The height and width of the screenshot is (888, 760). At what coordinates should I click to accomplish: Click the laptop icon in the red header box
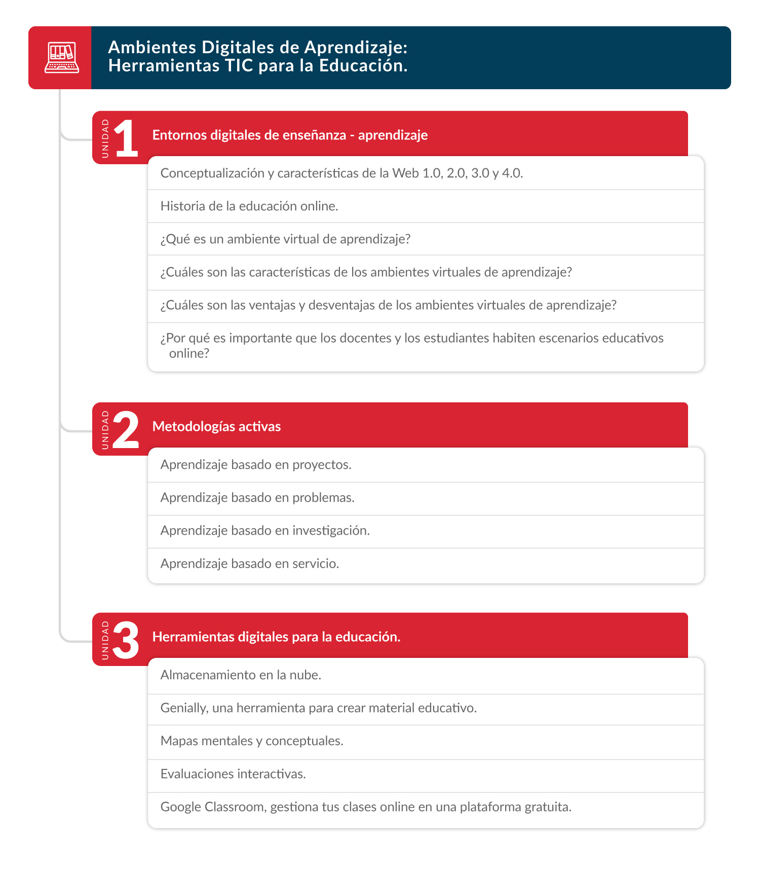point(61,58)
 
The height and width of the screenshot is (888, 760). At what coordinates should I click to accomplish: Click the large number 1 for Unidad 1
point(126,138)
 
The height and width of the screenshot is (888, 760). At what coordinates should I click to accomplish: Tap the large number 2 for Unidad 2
point(126,429)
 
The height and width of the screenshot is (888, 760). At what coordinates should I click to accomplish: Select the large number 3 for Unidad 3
point(126,640)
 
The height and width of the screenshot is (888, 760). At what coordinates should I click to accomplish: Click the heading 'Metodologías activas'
point(216,427)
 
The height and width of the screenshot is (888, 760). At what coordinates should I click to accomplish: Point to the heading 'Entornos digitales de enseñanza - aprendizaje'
point(290,135)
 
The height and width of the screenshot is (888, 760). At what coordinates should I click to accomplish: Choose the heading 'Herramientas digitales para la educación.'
point(276,637)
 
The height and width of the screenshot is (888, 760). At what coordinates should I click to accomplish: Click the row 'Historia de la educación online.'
point(249,206)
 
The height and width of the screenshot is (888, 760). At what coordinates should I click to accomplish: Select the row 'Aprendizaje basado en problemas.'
point(257,498)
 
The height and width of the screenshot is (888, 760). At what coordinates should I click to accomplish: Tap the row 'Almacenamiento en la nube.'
point(241,675)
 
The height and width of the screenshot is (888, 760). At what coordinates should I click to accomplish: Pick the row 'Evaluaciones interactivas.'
point(233,774)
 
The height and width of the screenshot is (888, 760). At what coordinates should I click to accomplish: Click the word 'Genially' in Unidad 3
point(184,708)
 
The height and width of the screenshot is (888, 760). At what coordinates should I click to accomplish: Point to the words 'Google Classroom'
point(213,807)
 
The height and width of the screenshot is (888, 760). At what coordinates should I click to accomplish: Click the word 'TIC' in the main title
point(239,66)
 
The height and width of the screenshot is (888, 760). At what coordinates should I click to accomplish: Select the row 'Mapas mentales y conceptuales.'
point(252,741)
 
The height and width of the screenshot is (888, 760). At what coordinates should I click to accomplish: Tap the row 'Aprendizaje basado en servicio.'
point(250,564)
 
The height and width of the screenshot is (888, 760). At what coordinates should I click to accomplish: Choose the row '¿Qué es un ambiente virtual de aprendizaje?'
point(285,239)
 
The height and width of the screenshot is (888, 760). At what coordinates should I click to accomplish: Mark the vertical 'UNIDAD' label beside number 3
point(105,640)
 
